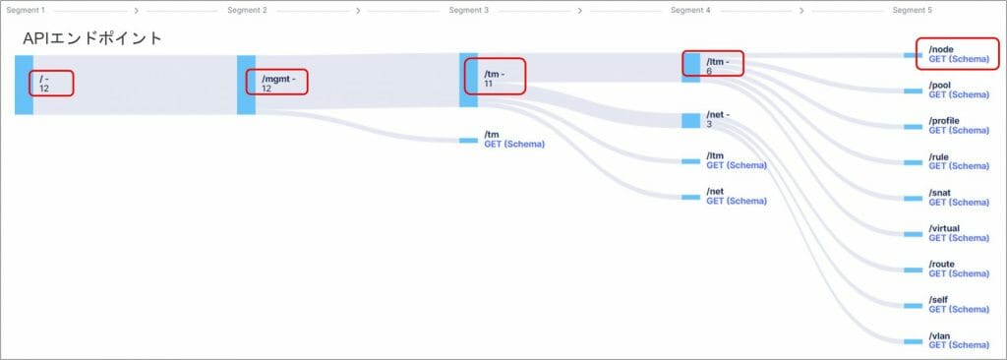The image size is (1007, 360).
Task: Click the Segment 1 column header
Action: (x=27, y=10)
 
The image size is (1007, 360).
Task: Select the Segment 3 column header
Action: (x=468, y=10)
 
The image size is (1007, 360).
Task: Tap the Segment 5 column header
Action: (x=912, y=10)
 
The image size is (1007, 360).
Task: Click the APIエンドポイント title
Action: (x=92, y=38)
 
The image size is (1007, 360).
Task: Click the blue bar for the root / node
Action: (x=24, y=84)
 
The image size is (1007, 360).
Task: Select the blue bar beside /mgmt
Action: (x=246, y=84)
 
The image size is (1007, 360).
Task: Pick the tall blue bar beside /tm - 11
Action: (x=468, y=79)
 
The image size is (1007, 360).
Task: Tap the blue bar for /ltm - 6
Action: (x=691, y=64)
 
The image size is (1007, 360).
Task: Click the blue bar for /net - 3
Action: (x=691, y=120)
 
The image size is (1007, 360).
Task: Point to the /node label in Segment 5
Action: (x=941, y=49)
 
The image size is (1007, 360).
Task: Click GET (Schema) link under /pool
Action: (x=958, y=94)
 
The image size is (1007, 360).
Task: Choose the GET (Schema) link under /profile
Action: (x=958, y=130)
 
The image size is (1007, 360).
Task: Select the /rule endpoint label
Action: (x=938, y=157)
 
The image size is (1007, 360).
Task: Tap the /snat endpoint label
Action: (x=940, y=193)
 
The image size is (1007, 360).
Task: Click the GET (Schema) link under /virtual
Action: (x=958, y=238)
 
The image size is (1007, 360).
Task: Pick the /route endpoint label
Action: (x=941, y=265)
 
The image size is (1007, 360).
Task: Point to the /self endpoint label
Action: (x=938, y=300)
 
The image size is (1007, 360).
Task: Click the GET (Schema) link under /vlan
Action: (x=958, y=345)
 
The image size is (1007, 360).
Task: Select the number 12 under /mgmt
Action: (x=267, y=89)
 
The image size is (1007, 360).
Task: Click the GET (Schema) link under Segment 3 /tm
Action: (x=513, y=144)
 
